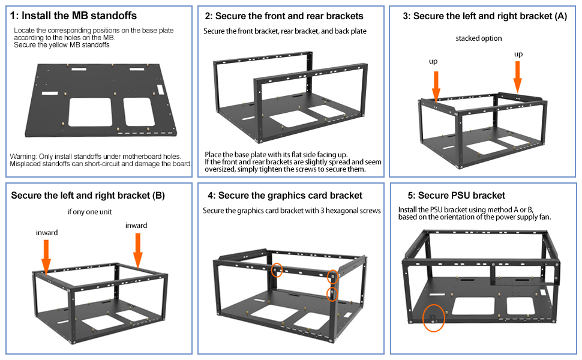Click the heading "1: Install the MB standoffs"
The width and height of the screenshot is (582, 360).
click(73, 16)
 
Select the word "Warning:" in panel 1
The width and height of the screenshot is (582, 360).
click(23, 157)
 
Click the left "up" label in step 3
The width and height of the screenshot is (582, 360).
click(433, 62)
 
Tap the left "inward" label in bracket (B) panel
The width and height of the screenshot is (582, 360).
click(47, 233)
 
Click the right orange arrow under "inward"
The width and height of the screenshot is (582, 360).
click(138, 251)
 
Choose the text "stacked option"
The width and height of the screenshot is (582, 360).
click(479, 38)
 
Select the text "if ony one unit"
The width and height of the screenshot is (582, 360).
click(89, 212)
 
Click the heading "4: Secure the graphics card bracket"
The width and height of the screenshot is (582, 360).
click(285, 196)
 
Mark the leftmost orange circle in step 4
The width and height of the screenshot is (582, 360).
click(277, 270)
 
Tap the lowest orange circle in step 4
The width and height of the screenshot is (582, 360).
click(332, 294)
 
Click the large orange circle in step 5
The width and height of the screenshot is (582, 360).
click(434, 317)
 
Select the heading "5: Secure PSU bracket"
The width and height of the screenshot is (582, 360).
click(456, 196)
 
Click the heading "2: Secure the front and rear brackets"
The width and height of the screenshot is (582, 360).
click(284, 16)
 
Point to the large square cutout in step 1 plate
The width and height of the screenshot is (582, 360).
click(90, 112)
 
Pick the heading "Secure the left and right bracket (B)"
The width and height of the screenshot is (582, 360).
click(88, 196)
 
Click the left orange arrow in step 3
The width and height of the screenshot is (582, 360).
click(436, 86)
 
